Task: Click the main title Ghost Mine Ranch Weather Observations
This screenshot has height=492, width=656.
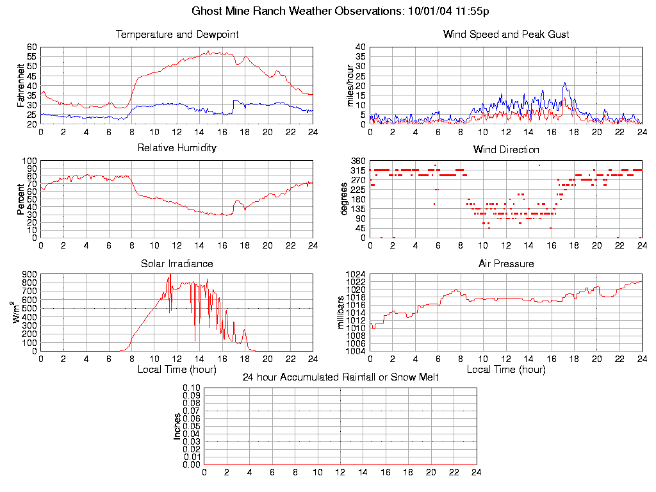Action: pos(341,11)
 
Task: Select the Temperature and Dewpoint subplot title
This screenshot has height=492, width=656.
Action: pos(177,34)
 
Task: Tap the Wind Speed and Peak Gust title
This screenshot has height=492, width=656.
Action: pos(506,34)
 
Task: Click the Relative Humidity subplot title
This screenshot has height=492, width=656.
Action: pos(177,148)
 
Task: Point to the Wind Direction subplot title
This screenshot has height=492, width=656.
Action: pos(506,149)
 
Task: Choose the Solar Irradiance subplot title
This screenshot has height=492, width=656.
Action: pos(177,263)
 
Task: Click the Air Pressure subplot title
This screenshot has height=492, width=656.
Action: pos(506,263)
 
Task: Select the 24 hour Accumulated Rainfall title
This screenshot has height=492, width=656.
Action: pos(340,377)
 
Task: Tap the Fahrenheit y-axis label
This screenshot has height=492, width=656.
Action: pos(21,85)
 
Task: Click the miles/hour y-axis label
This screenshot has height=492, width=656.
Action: pos(350,85)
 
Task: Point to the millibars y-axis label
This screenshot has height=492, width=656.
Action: pos(341,312)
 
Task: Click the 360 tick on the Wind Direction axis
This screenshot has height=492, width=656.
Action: pos(357,161)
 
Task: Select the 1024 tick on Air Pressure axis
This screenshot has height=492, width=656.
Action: pos(356,275)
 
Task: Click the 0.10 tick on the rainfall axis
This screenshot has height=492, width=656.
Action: pos(192,388)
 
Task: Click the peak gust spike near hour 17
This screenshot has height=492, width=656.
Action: pos(564,83)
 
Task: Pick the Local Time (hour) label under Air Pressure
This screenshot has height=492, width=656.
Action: pos(506,370)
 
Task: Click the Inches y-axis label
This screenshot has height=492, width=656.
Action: pos(177,426)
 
